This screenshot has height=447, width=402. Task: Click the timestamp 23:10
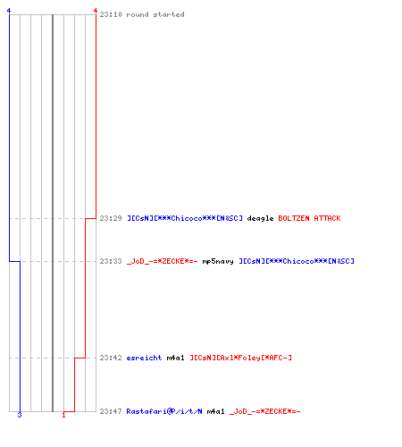111,14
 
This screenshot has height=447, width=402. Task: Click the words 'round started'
155,14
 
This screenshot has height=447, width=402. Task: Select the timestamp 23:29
111,218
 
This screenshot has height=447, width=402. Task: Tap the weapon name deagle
260,219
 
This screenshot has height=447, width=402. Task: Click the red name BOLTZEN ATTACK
309,218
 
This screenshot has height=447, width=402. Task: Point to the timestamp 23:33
111,261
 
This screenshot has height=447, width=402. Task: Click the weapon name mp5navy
218,262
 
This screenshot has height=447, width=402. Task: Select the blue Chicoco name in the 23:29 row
185,218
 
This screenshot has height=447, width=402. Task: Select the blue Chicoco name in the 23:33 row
297,261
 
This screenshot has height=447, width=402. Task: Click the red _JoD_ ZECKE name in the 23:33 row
163,261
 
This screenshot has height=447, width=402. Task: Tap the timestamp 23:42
111,358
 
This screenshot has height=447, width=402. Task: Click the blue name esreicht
144,358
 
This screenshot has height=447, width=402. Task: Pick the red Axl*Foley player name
241,358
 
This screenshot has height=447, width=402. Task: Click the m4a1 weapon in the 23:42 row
176,358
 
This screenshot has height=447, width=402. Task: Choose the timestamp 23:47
111,411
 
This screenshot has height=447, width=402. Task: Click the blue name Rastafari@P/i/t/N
164,411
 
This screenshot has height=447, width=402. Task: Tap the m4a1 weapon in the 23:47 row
216,411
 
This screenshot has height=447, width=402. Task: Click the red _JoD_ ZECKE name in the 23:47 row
265,411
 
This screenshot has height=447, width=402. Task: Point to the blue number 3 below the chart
20,415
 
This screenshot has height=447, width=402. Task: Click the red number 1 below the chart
63,415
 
